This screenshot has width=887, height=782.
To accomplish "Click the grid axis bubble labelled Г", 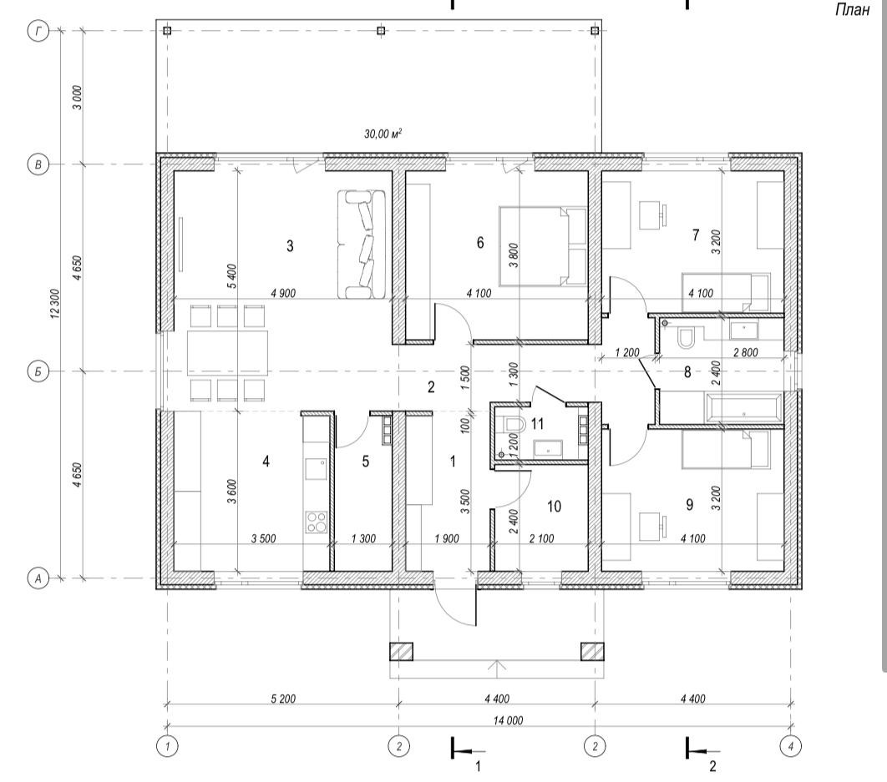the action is (x=38, y=31).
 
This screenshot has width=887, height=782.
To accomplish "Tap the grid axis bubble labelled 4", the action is (x=790, y=746).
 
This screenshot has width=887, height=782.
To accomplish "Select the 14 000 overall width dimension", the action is (x=508, y=720).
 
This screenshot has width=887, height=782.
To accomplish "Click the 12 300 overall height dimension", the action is (x=55, y=304).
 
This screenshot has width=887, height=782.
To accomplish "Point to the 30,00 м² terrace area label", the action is (x=383, y=134).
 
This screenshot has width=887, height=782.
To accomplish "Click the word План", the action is (x=852, y=10).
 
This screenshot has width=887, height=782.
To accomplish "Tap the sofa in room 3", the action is (x=362, y=244).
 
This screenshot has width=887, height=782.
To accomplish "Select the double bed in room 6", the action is (x=543, y=246).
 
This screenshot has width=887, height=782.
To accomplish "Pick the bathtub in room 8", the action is (x=743, y=407).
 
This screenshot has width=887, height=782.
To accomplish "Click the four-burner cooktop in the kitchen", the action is (x=317, y=522).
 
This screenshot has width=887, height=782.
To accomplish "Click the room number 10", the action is (x=555, y=506).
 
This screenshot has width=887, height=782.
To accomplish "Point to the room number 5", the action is (x=366, y=462).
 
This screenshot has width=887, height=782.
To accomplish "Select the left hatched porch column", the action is (x=401, y=651).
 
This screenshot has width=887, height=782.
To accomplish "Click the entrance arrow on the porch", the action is (x=497, y=668).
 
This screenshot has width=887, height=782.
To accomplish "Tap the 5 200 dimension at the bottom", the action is (x=283, y=699).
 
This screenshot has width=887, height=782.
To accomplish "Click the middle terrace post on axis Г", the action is (x=381, y=31).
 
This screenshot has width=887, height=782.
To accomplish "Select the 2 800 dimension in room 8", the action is (x=746, y=352).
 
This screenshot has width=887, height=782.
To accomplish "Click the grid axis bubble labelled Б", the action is (x=38, y=371).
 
